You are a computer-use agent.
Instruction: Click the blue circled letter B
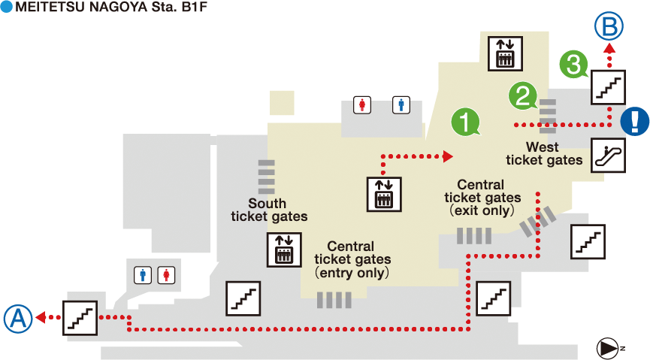pyautogui.click(x=609, y=28)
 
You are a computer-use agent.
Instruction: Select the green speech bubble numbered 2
pyautogui.click(x=523, y=95)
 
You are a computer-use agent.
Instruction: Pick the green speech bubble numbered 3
pyautogui.click(x=574, y=64)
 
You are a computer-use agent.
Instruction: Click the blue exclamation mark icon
pyautogui.click(x=636, y=120)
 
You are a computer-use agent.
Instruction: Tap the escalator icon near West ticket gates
pyautogui.click(x=609, y=156)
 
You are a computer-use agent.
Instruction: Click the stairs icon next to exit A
pyautogui.click(x=80, y=316)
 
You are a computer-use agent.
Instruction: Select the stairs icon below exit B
pyautogui.click(x=609, y=86)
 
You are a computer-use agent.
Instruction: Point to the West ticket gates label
pyautogui.click(x=544, y=153)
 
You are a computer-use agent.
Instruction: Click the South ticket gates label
pyautogui.click(x=268, y=210)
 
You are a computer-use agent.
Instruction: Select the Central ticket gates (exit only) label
pyautogui.click(x=482, y=198)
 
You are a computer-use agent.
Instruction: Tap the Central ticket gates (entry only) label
pyautogui.click(x=352, y=259)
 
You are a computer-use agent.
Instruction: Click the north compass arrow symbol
pyautogui.click(x=607, y=347)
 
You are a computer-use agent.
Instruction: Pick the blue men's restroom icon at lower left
pyautogui.click(x=144, y=275)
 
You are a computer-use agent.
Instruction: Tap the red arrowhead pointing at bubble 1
pyautogui.click(x=449, y=156)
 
